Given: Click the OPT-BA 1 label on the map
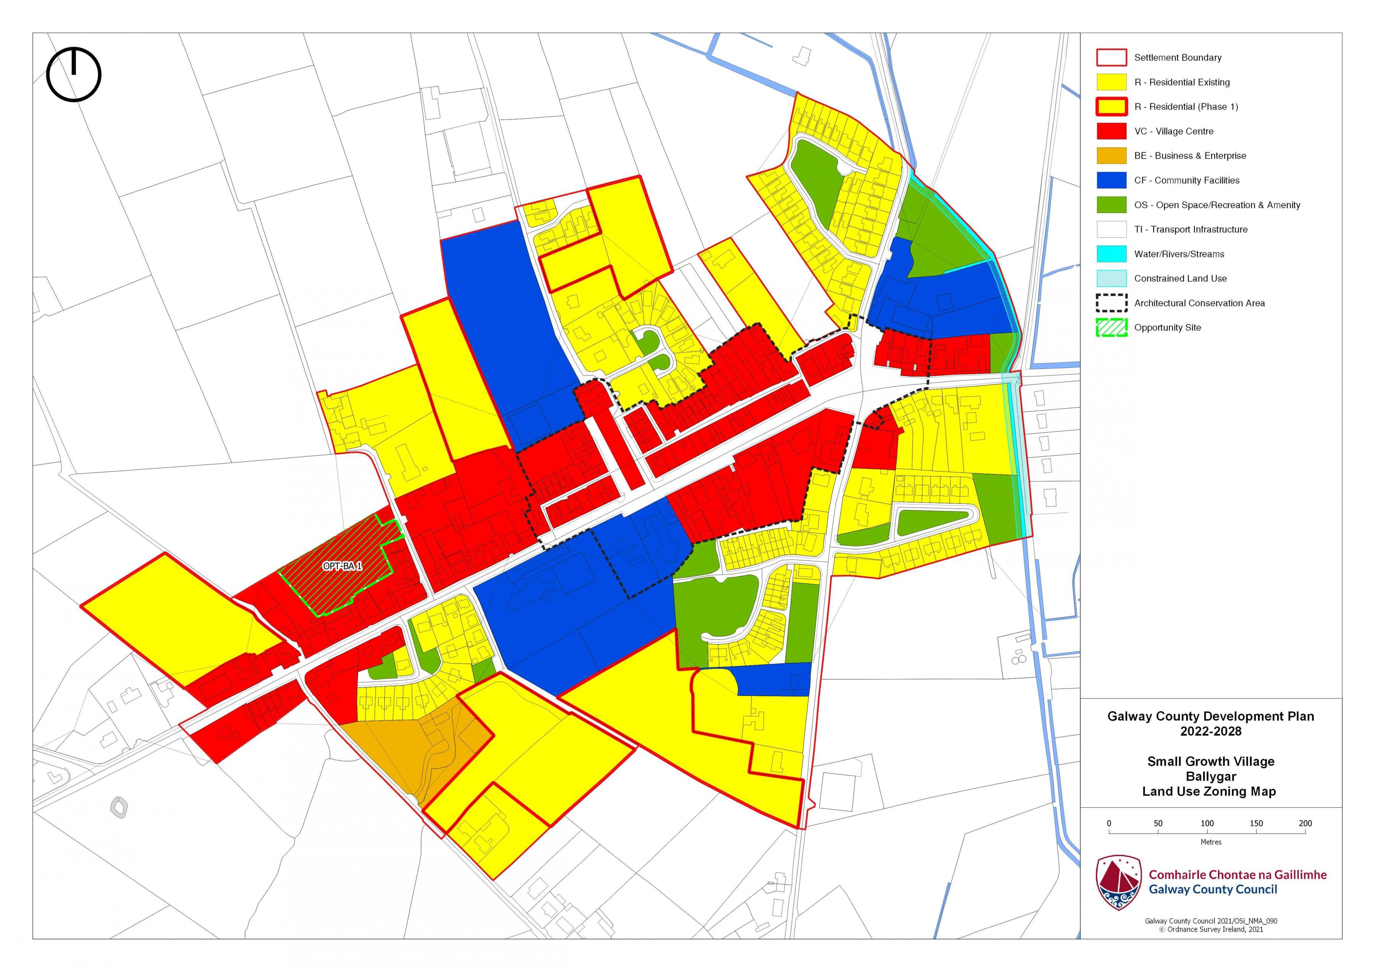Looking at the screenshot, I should (x=342, y=566).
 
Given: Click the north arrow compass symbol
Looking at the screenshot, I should (x=74, y=74).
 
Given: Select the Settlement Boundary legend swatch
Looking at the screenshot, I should (x=1111, y=58).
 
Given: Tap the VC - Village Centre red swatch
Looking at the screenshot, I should (x=1111, y=131).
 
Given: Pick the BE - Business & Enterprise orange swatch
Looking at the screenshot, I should (x=1111, y=156).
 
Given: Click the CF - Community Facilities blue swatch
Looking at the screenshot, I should (x=1111, y=180).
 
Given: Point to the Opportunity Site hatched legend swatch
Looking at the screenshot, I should (x=1111, y=328).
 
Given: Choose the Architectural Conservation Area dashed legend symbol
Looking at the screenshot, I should (x=1111, y=303).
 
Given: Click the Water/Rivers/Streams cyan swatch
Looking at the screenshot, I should (x=1111, y=254).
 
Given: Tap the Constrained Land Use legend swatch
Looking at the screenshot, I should (x=1111, y=278).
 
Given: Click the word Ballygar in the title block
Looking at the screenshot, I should (x=1210, y=776).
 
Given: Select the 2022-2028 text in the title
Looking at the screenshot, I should (x=1210, y=731).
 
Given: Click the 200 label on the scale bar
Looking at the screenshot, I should (x=1305, y=823).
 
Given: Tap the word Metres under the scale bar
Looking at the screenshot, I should (x=1210, y=842).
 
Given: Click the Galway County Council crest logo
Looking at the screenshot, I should (x=1118, y=882).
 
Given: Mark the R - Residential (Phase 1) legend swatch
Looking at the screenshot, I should (x=1111, y=107).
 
